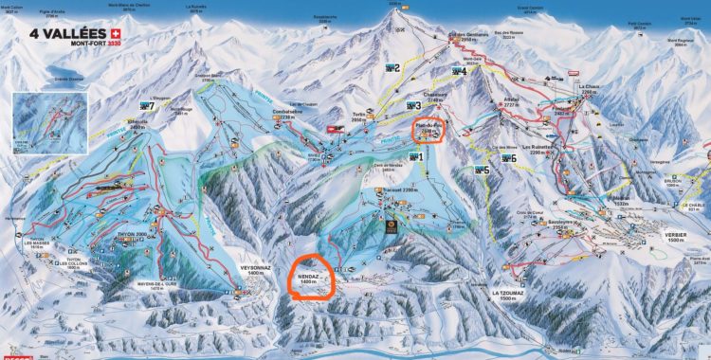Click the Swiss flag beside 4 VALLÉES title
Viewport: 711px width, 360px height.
115,31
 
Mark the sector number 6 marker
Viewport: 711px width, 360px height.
510,157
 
